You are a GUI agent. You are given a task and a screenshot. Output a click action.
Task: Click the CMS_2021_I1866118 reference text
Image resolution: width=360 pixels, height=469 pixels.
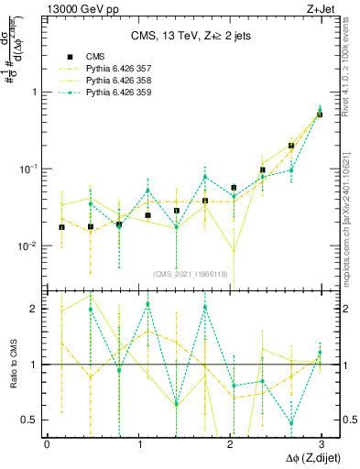click(191, 273)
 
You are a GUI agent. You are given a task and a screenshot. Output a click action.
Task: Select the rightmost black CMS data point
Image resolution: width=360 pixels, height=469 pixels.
click(319, 115)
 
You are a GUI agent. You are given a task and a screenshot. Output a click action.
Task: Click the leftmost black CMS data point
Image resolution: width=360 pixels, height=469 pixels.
click(61, 227)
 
